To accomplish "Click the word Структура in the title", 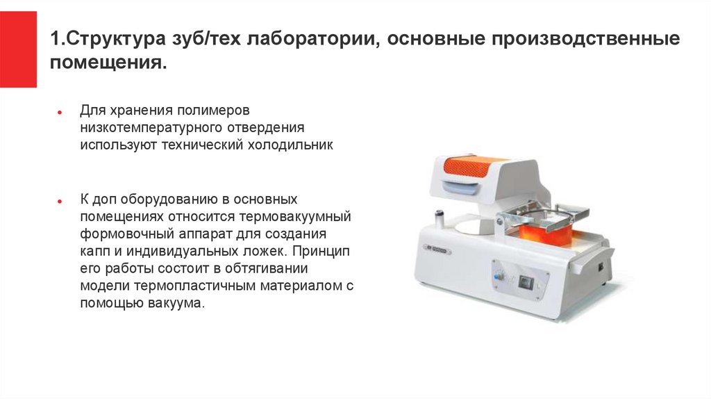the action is point(115,39).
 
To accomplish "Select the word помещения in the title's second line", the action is point(106,62).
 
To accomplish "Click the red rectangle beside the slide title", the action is point(18,49).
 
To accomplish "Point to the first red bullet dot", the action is point(60,112).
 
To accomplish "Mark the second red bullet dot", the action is point(60,201).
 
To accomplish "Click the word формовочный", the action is point(127,234).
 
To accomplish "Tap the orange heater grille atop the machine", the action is point(467,166).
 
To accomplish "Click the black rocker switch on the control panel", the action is point(526,283).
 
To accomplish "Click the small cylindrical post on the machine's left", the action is point(440,218).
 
